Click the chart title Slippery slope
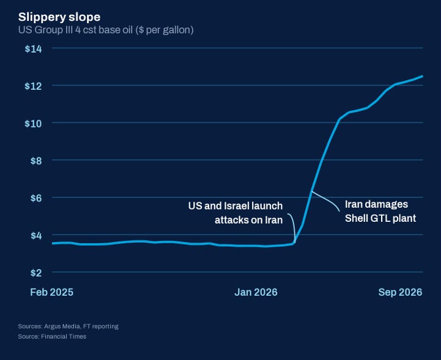(59, 18)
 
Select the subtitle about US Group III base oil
(106, 30)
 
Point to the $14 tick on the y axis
(33, 49)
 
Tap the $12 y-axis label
(33, 86)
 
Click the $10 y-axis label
(33, 123)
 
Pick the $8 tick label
(36, 161)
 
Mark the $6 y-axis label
(36, 198)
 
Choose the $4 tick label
(36, 235)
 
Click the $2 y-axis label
(36, 273)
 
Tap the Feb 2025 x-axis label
(52, 292)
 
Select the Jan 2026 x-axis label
(256, 292)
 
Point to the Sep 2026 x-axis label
(400, 292)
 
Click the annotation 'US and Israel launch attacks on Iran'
(235, 213)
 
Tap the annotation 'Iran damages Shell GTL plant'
(380, 211)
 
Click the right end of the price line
(422, 76)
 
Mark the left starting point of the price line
(53, 243)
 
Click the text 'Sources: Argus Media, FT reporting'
(69, 326)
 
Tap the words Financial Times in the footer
(64, 336)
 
